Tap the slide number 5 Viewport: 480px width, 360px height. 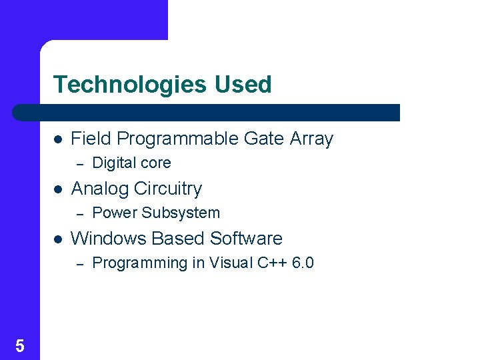click(19, 345)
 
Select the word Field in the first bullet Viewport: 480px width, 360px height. click(91, 139)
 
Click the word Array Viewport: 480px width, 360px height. click(311, 139)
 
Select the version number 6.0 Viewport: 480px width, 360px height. click(303, 263)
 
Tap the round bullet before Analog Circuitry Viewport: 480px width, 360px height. click(58, 189)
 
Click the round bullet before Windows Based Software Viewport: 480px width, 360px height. click(58, 239)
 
